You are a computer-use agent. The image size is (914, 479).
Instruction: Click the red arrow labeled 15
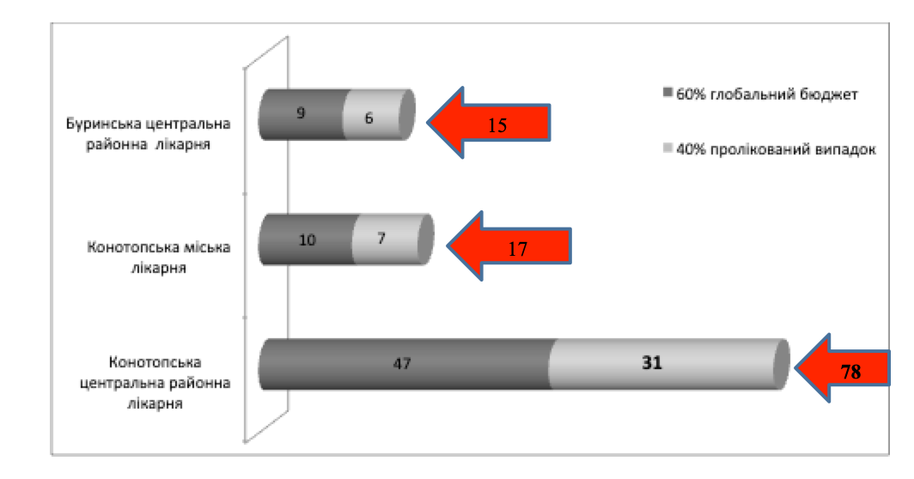coord(489,123)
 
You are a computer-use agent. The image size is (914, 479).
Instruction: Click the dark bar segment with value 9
coord(302,114)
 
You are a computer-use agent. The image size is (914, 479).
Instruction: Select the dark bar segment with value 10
coord(307,240)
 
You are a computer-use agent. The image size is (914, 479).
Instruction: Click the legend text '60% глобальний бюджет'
coord(766,94)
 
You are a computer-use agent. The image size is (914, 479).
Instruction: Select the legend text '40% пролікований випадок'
coord(776,149)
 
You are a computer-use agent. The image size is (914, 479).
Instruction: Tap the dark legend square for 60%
coord(668,93)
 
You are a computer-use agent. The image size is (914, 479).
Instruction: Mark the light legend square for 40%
coord(668,148)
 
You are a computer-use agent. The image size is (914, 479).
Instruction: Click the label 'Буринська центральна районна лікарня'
coord(148,134)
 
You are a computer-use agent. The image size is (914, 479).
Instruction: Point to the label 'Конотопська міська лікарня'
coord(159,258)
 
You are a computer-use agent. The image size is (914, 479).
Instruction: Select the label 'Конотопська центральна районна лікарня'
coord(155,383)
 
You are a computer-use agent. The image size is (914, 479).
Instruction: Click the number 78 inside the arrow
coord(850,372)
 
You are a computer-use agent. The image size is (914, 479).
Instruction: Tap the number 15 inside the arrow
coord(497,125)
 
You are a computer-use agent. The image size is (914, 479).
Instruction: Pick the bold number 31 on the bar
coord(652,363)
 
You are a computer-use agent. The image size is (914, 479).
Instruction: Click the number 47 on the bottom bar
coord(402,364)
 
